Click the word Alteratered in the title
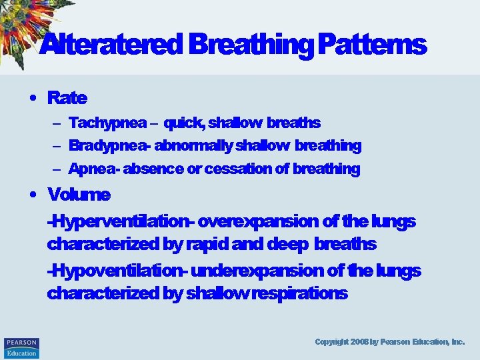(x=110, y=45)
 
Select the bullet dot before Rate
(x=33, y=98)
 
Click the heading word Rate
(x=67, y=98)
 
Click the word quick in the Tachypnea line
(x=184, y=123)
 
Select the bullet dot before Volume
(x=33, y=195)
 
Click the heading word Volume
(x=78, y=195)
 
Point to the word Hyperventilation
(x=121, y=221)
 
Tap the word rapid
(x=206, y=245)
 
